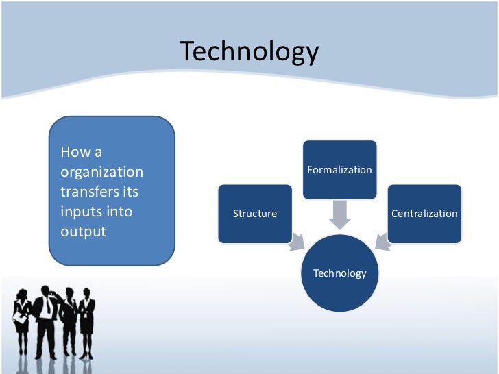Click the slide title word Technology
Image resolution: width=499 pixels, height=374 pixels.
pyautogui.click(x=249, y=52)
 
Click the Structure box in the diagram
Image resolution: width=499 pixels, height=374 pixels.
pyautogui.click(x=255, y=214)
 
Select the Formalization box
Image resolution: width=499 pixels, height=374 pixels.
pyautogui.click(x=339, y=170)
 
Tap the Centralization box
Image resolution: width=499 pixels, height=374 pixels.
pyautogui.click(x=424, y=214)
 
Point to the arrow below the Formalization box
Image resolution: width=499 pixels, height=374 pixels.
pyautogui.click(x=339, y=214)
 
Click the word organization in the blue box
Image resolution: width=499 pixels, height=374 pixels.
pyautogui.click(x=102, y=172)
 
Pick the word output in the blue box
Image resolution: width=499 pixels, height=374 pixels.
pyautogui.click(x=84, y=232)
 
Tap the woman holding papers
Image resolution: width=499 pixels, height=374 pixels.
pyautogui.click(x=21, y=322)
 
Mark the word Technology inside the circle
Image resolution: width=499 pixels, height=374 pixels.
pyautogui.click(x=340, y=273)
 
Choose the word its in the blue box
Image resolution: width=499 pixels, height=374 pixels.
pyautogui.click(x=131, y=192)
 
